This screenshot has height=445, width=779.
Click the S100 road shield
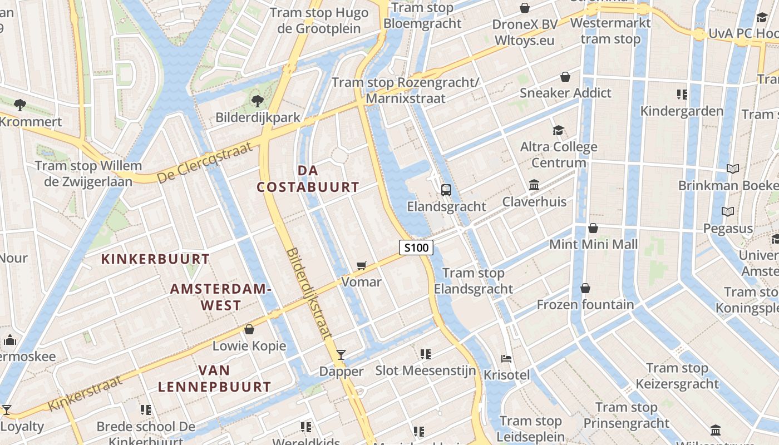click(x=416, y=248)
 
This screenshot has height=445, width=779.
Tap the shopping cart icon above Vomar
click(x=362, y=265)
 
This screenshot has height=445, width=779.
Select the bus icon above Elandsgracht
click(x=446, y=190)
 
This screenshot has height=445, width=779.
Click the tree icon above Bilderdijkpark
click(x=257, y=101)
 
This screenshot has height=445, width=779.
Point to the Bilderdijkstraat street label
click(x=309, y=293)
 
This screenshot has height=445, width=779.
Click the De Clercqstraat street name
click(x=205, y=162)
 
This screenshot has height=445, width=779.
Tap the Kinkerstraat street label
click(x=85, y=393)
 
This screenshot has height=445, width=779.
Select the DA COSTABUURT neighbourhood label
click(x=308, y=179)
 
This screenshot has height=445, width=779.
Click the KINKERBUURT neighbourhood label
click(x=155, y=259)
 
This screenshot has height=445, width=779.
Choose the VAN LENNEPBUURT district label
click(x=214, y=378)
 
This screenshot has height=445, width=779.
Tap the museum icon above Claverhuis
click(x=534, y=185)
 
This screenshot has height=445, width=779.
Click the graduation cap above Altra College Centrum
click(x=558, y=130)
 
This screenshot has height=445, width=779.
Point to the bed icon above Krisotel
click(x=506, y=359)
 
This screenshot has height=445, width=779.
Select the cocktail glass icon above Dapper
click(x=341, y=354)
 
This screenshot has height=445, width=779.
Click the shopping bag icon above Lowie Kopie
click(x=249, y=329)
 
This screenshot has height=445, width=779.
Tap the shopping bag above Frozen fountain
click(x=585, y=288)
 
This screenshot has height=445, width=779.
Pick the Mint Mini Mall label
click(x=593, y=244)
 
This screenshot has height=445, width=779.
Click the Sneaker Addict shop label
click(x=565, y=93)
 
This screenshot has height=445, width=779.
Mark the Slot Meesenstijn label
click(x=426, y=370)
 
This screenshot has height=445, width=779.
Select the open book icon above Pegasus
click(x=727, y=211)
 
